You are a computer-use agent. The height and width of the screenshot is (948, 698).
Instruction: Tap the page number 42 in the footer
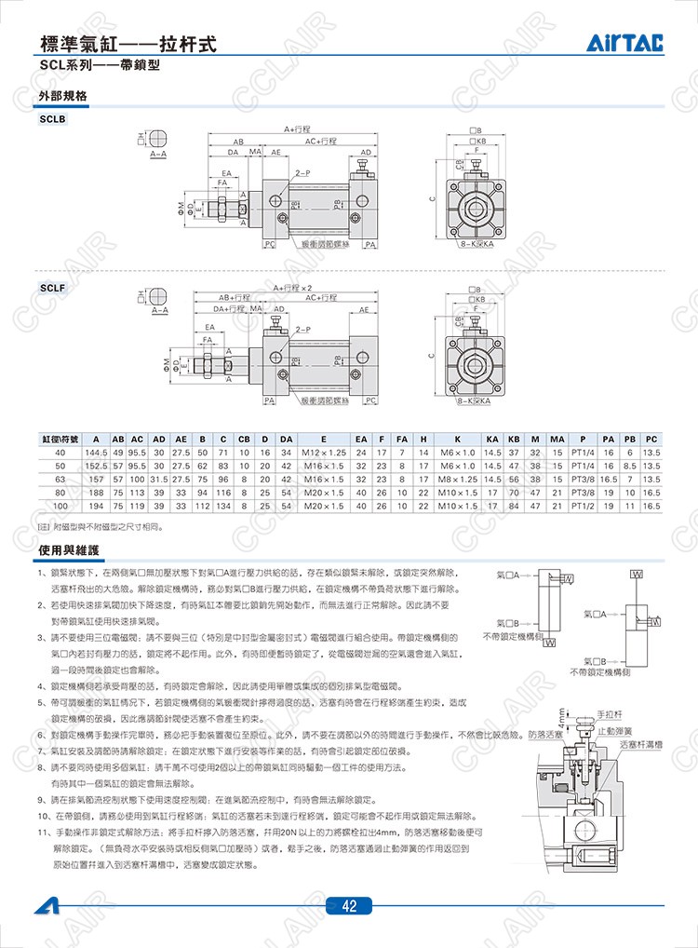coord(348,907)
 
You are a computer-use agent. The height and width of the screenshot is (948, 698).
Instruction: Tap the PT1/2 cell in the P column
coord(583,505)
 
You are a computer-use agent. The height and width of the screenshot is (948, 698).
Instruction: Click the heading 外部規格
coord(62,96)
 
